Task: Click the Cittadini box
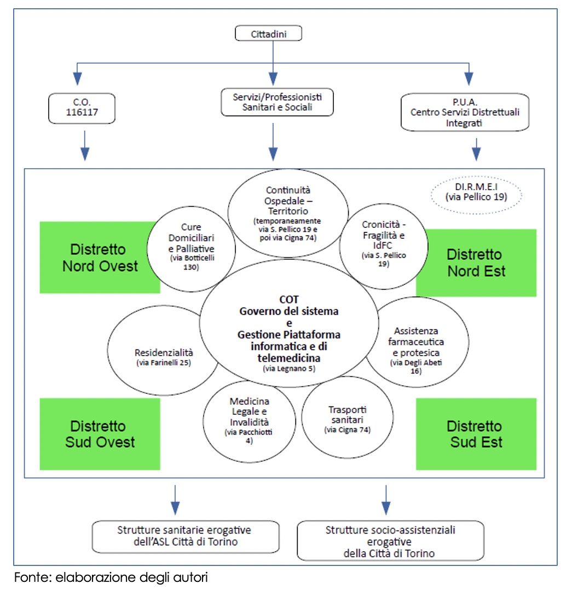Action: click(x=268, y=33)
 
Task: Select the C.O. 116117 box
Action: click(x=82, y=108)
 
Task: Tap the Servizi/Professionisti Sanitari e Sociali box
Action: click(x=277, y=102)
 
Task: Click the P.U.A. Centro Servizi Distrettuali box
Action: click(x=465, y=112)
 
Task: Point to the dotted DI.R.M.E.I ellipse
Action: click(x=476, y=195)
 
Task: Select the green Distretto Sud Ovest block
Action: click(x=100, y=434)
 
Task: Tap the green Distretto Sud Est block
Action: click(x=476, y=434)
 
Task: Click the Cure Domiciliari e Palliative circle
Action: click(x=191, y=249)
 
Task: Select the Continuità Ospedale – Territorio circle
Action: click(x=288, y=213)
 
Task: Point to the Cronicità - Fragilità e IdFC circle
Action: click(x=384, y=246)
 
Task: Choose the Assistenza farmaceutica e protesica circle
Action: click(x=417, y=342)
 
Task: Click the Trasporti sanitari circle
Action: click(x=347, y=417)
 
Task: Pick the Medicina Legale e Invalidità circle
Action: click(x=249, y=421)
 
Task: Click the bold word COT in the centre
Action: click(x=289, y=300)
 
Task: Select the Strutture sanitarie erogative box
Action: click(x=186, y=536)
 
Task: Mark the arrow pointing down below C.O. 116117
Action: click(x=85, y=146)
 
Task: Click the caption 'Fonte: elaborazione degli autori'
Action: click(x=111, y=577)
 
